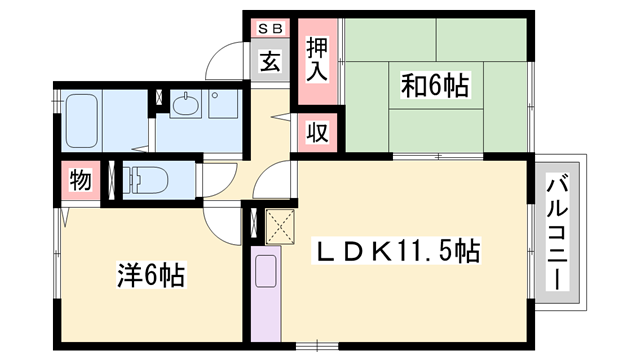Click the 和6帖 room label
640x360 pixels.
(437, 86)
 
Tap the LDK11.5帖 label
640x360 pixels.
(398, 250)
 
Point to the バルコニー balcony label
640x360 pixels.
(558, 230)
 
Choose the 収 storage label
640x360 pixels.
(316, 131)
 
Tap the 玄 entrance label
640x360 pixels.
(270, 62)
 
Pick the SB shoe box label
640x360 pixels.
(270, 29)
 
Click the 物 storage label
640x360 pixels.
(81, 181)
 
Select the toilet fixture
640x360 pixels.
(150, 181)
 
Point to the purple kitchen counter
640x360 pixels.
(266, 296)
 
